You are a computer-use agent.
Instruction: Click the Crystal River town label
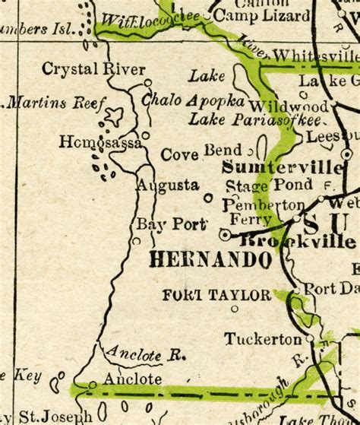pyautogui.click(x=93, y=69)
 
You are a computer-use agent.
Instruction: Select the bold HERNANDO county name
pyautogui.click(x=210, y=260)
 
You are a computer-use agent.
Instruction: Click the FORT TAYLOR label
pyautogui.click(x=216, y=295)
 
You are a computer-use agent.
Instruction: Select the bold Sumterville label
pyautogui.click(x=282, y=167)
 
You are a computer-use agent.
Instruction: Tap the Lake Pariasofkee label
pyautogui.click(x=256, y=119)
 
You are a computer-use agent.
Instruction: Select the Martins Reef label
pyautogui.click(x=52, y=102)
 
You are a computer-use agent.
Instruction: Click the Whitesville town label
pyautogui.click(x=315, y=56)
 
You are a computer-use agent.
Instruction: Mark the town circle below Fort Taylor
pyautogui.click(x=235, y=309)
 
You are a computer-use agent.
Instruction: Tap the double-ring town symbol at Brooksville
pyautogui.click(x=225, y=235)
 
